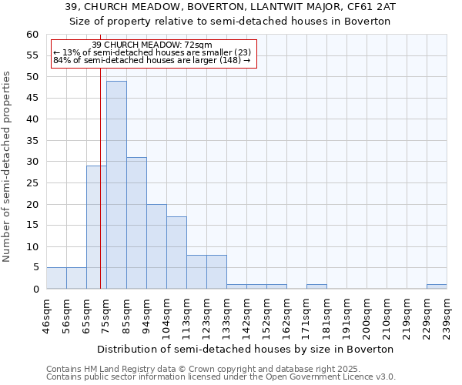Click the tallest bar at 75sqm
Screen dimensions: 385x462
(116, 185)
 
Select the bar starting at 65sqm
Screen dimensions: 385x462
(96, 227)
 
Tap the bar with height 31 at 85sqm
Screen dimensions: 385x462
(136, 223)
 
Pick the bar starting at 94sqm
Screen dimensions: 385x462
(156, 246)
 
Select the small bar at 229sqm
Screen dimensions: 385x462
(437, 286)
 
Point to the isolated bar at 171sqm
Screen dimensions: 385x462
(316, 286)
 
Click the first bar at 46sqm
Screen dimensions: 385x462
(56, 278)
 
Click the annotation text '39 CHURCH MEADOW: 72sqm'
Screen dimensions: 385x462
(152, 45)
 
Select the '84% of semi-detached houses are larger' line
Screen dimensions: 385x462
(152, 61)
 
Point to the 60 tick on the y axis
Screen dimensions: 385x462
(32, 35)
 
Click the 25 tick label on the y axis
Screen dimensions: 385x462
(32, 183)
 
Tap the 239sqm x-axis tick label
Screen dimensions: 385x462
(447, 316)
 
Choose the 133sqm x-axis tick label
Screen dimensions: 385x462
(226, 316)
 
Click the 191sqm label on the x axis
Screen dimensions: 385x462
(346, 316)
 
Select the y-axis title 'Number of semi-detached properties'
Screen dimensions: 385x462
(8, 166)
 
